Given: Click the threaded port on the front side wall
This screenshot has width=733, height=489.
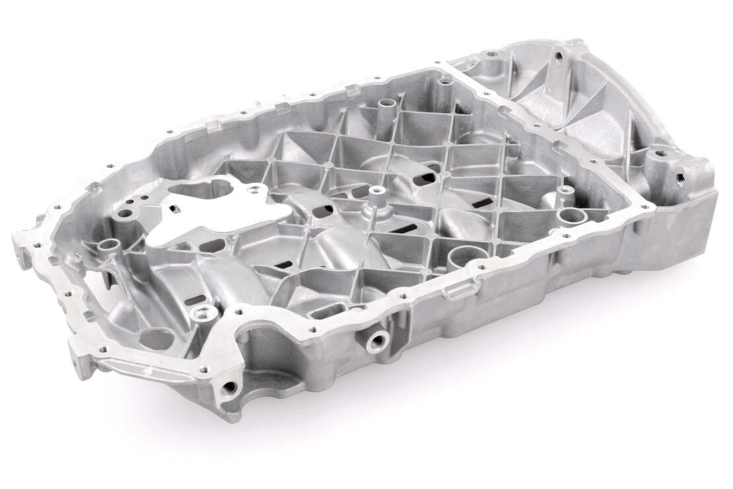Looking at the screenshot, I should click(x=378, y=341).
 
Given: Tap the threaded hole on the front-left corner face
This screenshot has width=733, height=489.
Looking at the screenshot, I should click(x=229, y=387).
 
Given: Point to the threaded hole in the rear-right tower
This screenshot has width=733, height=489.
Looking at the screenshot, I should click(x=559, y=57).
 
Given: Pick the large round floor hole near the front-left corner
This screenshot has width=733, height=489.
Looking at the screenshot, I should click(x=157, y=338).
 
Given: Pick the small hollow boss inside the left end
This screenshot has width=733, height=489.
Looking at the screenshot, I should click(x=108, y=247).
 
